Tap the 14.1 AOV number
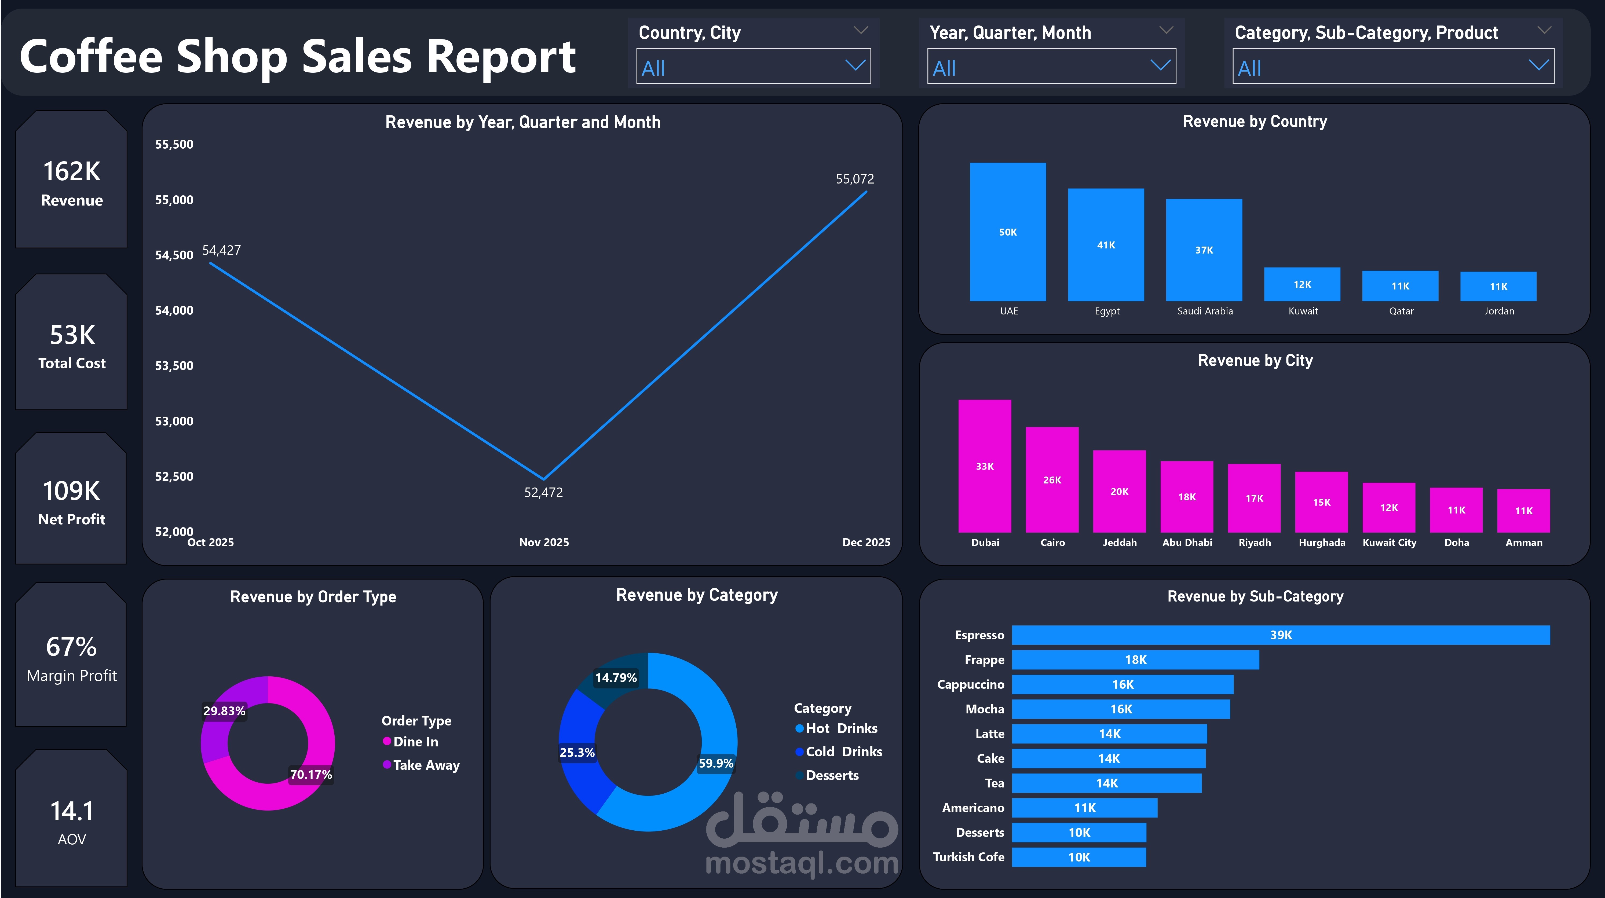[x=72, y=811]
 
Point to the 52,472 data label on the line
[x=543, y=493]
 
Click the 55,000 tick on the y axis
[x=174, y=200]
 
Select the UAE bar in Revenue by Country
[x=1007, y=232]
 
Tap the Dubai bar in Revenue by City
[x=984, y=466]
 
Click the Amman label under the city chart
[x=1523, y=543]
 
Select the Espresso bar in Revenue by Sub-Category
[x=1280, y=635]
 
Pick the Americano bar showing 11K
[x=1084, y=808]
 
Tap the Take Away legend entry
[x=426, y=765]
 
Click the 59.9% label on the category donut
[x=715, y=763]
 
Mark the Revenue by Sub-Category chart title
[x=1255, y=597]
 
